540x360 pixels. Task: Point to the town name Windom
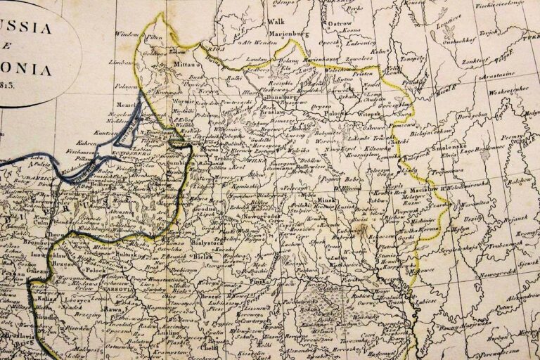coord(127,34)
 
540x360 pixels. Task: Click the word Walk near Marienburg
coord(276,22)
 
